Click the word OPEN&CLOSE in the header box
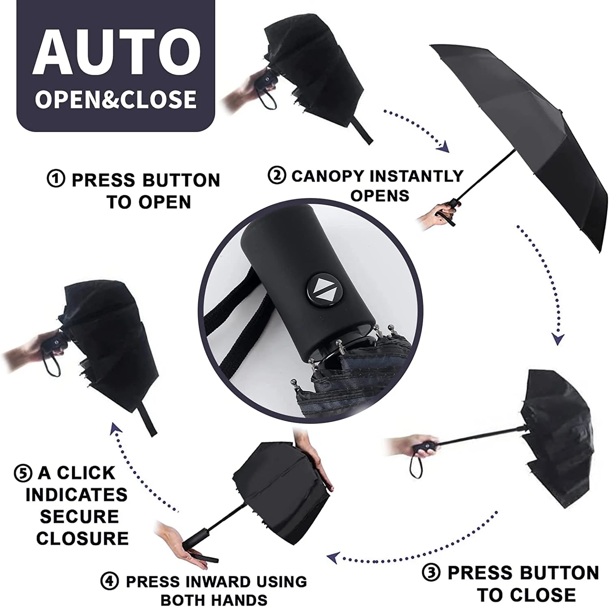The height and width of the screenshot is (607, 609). (116, 99)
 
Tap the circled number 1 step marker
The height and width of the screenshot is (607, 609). (56, 179)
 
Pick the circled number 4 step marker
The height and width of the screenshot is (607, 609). (110, 581)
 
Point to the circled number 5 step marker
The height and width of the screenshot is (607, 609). (23, 473)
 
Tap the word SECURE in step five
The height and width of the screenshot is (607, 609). (79, 516)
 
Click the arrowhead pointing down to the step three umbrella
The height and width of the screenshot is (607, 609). (558, 339)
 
